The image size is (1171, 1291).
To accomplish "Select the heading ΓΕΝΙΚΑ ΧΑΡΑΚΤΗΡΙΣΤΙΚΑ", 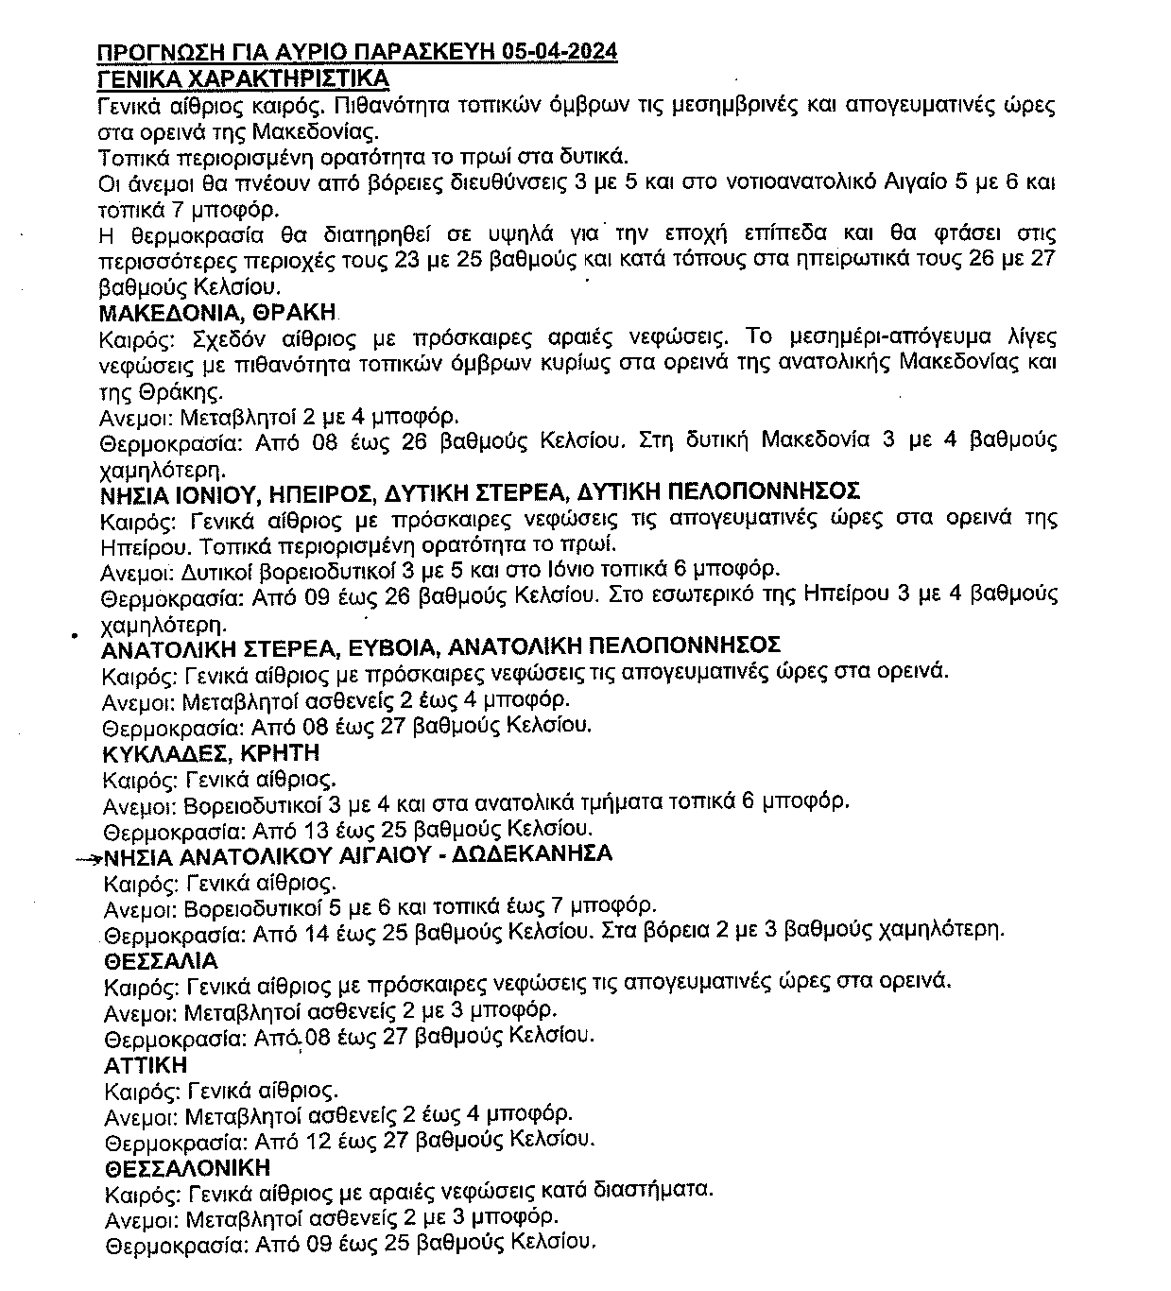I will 242,77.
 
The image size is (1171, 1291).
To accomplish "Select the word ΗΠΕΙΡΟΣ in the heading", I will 319,491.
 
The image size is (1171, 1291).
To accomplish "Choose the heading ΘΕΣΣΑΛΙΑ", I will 162,961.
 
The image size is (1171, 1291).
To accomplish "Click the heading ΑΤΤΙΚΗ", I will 146,1065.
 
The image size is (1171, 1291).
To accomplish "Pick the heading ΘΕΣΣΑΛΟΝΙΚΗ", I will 188,1167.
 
